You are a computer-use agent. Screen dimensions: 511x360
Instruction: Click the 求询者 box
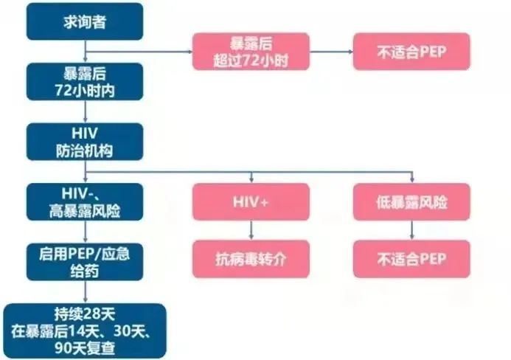click(85, 22)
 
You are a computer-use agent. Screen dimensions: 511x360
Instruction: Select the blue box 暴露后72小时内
click(85, 82)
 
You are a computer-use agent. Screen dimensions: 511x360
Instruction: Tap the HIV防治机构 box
click(85, 142)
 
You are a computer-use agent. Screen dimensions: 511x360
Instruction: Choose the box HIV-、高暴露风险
click(85, 202)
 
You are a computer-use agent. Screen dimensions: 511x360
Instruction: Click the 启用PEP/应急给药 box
click(85, 262)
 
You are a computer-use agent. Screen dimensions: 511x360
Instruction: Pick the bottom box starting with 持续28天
click(85, 331)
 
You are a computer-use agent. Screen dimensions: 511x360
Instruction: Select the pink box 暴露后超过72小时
click(251, 52)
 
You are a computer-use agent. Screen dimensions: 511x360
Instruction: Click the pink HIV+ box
click(251, 202)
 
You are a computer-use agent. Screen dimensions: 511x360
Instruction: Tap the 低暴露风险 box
click(411, 202)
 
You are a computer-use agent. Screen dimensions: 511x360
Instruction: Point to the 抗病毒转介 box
click(251, 259)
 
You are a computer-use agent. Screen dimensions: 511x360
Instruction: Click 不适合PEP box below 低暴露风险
click(411, 259)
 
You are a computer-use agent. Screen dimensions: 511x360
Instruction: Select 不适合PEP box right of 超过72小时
click(411, 52)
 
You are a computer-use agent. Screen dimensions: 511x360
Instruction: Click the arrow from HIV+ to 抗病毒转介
click(251, 230)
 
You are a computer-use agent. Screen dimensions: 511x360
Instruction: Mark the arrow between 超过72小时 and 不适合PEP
click(331, 52)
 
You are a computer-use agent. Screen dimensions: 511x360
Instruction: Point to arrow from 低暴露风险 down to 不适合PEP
click(411, 230)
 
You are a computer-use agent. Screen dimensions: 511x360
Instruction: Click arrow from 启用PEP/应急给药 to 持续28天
click(86, 292)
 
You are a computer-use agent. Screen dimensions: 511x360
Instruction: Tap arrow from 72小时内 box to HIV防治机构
click(86, 111)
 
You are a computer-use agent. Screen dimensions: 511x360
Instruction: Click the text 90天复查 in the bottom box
click(85, 348)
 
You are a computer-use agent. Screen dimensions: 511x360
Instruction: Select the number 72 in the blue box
click(63, 90)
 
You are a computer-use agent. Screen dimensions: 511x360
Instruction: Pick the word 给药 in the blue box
click(85, 271)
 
